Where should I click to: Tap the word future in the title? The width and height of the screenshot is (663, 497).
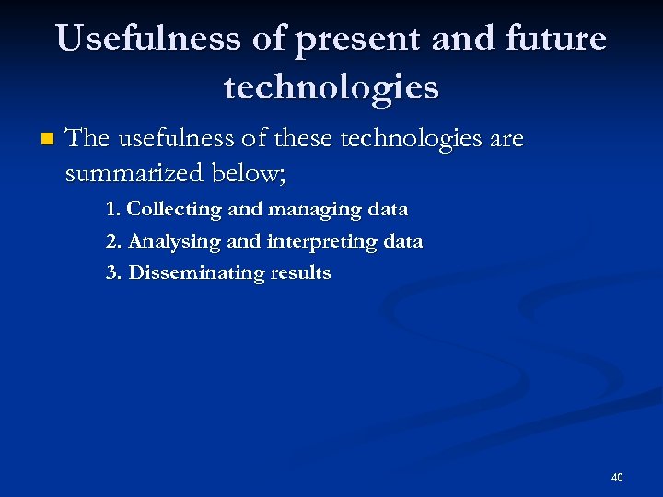557,39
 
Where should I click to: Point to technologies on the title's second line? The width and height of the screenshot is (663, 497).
331,87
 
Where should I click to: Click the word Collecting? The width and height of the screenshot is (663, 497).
174,209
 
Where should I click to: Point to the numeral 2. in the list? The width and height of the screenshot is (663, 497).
114,241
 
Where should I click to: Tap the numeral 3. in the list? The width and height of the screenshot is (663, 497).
114,272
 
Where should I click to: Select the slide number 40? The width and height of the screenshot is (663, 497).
617,477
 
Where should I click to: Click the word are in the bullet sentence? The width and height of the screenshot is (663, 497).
506,140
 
